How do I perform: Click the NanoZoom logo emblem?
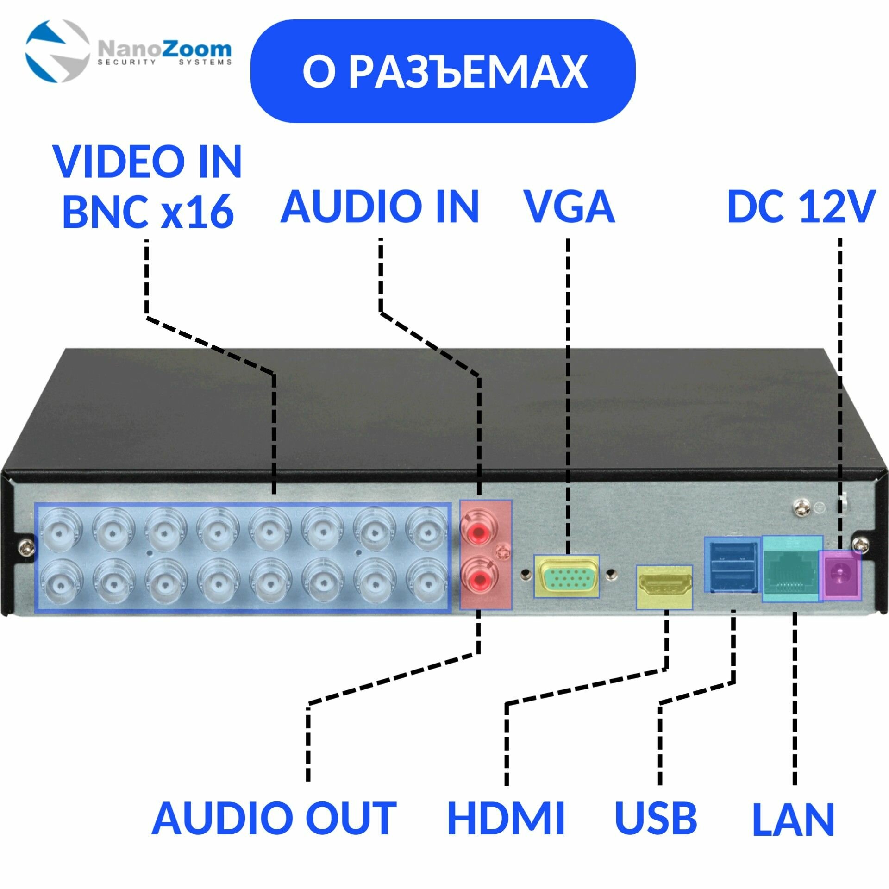tap(56, 51)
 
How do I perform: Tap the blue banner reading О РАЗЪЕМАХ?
tap(443, 71)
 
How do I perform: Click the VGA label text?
tap(568, 207)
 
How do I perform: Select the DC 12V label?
tap(801, 207)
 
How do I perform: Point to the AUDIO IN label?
tap(380, 207)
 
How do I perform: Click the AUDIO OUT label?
tap(274, 819)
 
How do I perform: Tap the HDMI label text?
tap(506, 819)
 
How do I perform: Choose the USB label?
tap(656, 819)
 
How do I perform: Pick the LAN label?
tap(793, 819)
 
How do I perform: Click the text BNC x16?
tap(148, 211)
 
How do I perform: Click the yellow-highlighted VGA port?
tap(566, 576)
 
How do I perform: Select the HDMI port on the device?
tap(664, 585)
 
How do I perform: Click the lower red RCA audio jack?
tap(478, 578)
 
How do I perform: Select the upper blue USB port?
tap(732, 553)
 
